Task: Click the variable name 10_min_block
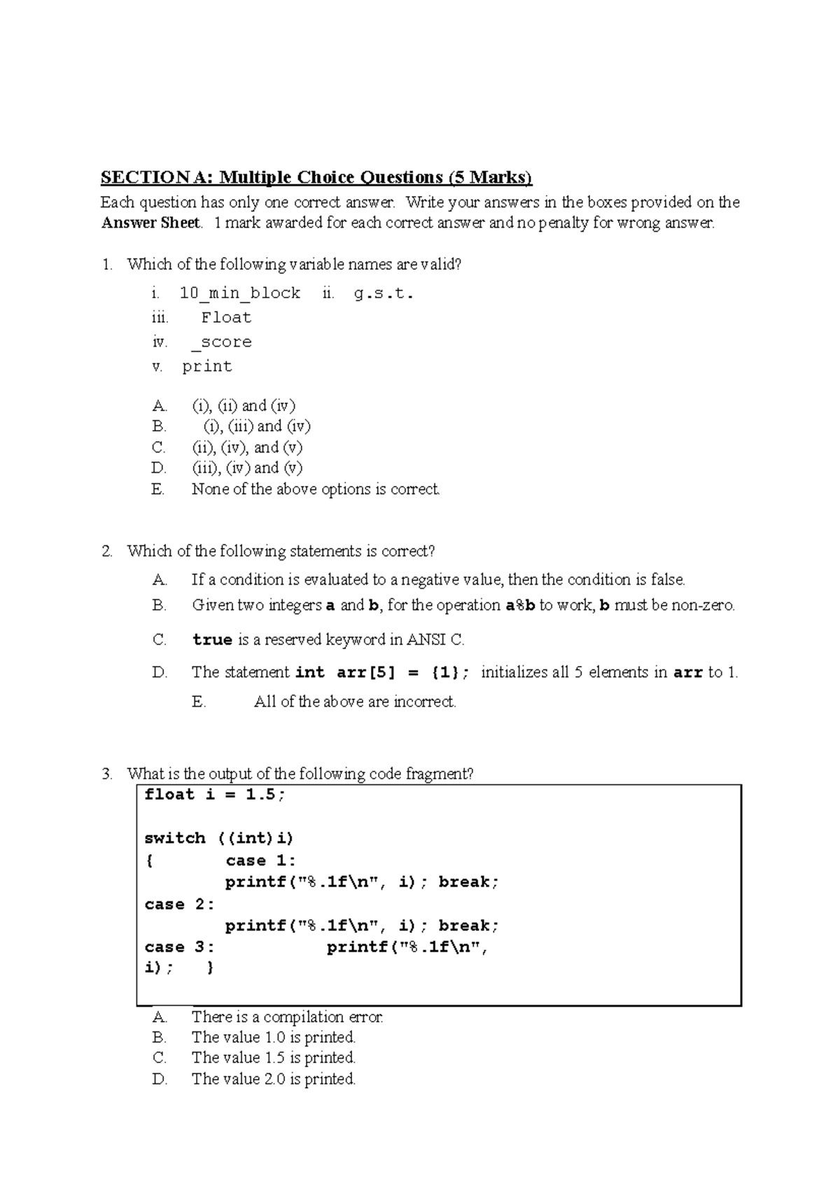point(240,293)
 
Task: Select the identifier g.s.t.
point(384,293)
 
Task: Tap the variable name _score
point(221,342)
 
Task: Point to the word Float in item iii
point(226,318)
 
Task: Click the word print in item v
point(207,367)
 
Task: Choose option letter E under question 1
point(158,489)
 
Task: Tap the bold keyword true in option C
point(213,640)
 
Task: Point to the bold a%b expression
point(520,606)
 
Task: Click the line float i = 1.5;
point(215,795)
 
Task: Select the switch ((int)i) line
point(218,839)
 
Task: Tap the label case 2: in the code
point(179,905)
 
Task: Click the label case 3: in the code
point(179,947)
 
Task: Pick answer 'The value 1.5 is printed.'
point(274,1058)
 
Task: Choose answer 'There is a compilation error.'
point(287,1017)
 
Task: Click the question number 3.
point(106,774)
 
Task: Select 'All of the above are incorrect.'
point(355,702)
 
